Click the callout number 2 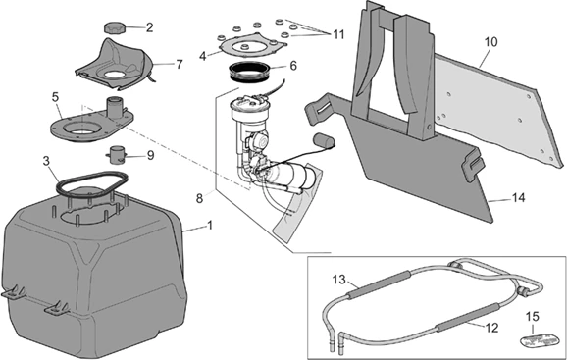tap(149, 27)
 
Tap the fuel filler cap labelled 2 tap(115, 28)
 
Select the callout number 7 tap(180, 65)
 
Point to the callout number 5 tap(55, 97)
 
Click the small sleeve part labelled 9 tap(117, 155)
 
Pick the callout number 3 tap(46, 161)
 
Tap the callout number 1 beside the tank tap(210, 226)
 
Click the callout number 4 tap(202, 56)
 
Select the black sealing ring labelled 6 tap(250, 73)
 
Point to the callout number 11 tap(338, 34)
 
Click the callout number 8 tap(199, 198)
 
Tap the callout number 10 tap(490, 42)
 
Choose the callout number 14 tap(518, 198)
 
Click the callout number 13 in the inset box tap(339, 280)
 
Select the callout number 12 tap(491, 328)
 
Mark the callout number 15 tap(533, 317)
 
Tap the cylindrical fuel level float tap(324, 141)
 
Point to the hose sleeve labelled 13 tap(379, 283)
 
